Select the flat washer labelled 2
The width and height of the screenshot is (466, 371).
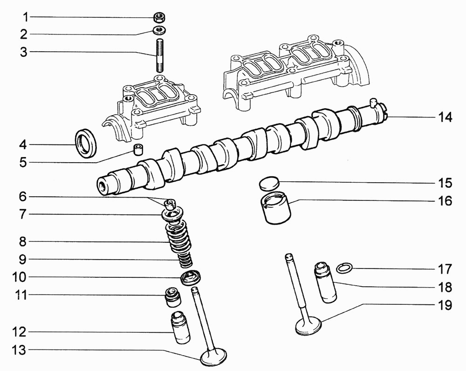pos(159,30)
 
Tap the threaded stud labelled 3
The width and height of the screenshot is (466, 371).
pos(159,55)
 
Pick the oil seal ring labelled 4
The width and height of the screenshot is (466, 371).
pos(85,143)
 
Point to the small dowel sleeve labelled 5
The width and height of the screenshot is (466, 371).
pos(137,149)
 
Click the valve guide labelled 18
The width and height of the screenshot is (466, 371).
pos(325,282)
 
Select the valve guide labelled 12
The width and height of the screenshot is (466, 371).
pos(180,327)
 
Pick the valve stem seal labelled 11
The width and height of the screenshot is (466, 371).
pos(173,297)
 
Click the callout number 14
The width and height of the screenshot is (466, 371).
pos(445,117)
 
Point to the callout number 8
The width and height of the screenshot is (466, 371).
pos(22,242)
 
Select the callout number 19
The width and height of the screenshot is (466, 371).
pos(445,305)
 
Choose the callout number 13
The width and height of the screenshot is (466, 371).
pos(19,350)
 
